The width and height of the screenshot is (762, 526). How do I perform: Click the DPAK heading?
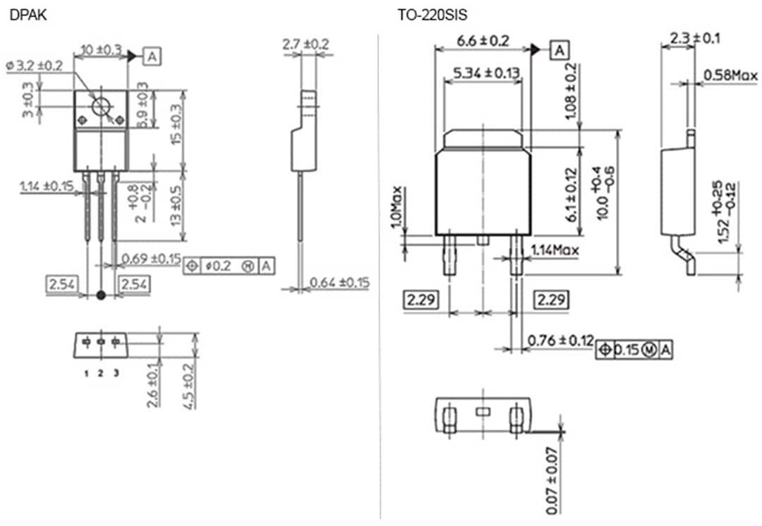[28, 13]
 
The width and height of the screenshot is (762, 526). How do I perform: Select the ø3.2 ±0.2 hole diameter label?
[35, 65]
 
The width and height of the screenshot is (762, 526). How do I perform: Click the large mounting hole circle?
[102, 107]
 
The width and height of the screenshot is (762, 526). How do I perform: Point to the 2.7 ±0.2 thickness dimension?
[306, 44]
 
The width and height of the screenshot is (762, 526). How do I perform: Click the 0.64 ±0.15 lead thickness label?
[339, 283]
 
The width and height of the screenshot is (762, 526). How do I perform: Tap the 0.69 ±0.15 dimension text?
[151, 258]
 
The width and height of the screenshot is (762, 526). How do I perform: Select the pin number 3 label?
[116, 373]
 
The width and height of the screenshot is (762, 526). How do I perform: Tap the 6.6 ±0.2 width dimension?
[483, 41]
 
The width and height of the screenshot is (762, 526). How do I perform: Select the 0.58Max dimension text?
[730, 75]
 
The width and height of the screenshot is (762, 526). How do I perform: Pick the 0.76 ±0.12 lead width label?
[560, 341]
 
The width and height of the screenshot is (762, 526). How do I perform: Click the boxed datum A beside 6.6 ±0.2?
[559, 50]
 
